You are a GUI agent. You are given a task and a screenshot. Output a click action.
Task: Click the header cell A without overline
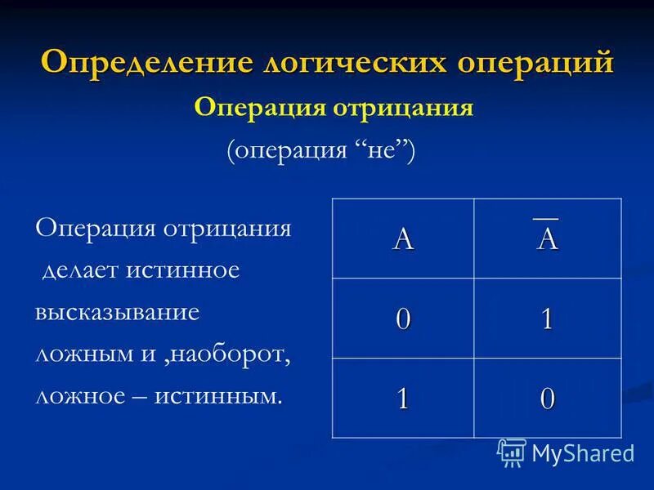pyautogui.click(x=402, y=238)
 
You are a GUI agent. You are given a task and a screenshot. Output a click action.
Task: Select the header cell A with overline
pyautogui.click(x=546, y=238)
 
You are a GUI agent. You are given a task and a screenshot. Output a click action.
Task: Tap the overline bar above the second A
pyautogui.click(x=546, y=218)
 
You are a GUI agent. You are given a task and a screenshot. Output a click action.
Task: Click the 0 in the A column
pyautogui.click(x=402, y=318)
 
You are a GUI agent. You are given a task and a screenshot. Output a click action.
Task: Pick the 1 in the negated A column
pyautogui.click(x=546, y=318)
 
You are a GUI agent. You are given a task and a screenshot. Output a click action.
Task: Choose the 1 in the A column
pyautogui.click(x=402, y=398)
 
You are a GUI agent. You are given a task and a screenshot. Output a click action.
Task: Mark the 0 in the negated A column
pyautogui.click(x=546, y=398)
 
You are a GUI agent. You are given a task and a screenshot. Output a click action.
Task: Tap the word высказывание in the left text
pyautogui.click(x=119, y=313)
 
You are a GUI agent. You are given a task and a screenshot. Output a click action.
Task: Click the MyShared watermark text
pyautogui.click(x=582, y=453)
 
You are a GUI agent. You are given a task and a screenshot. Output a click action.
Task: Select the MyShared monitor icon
pyautogui.click(x=512, y=452)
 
